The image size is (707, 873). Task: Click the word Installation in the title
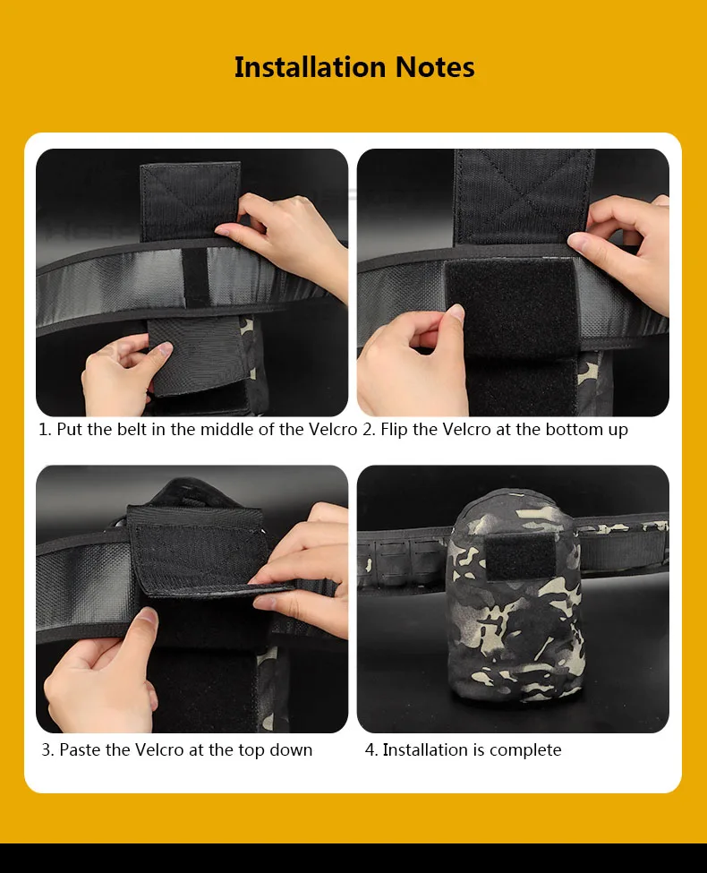(x=310, y=67)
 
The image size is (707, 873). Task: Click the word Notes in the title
(x=435, y=67)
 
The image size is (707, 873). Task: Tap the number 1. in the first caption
(x=45, y=429)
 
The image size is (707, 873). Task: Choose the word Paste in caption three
(x=81, y=750)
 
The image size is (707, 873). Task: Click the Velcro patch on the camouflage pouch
(x=520, y=558)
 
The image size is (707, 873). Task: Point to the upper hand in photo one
(x=284, y=236)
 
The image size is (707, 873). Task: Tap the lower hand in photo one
(x=123, y=371)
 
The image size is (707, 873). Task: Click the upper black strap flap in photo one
(x=191, y=201)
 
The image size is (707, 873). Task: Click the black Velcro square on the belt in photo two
(x=512, y=307)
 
